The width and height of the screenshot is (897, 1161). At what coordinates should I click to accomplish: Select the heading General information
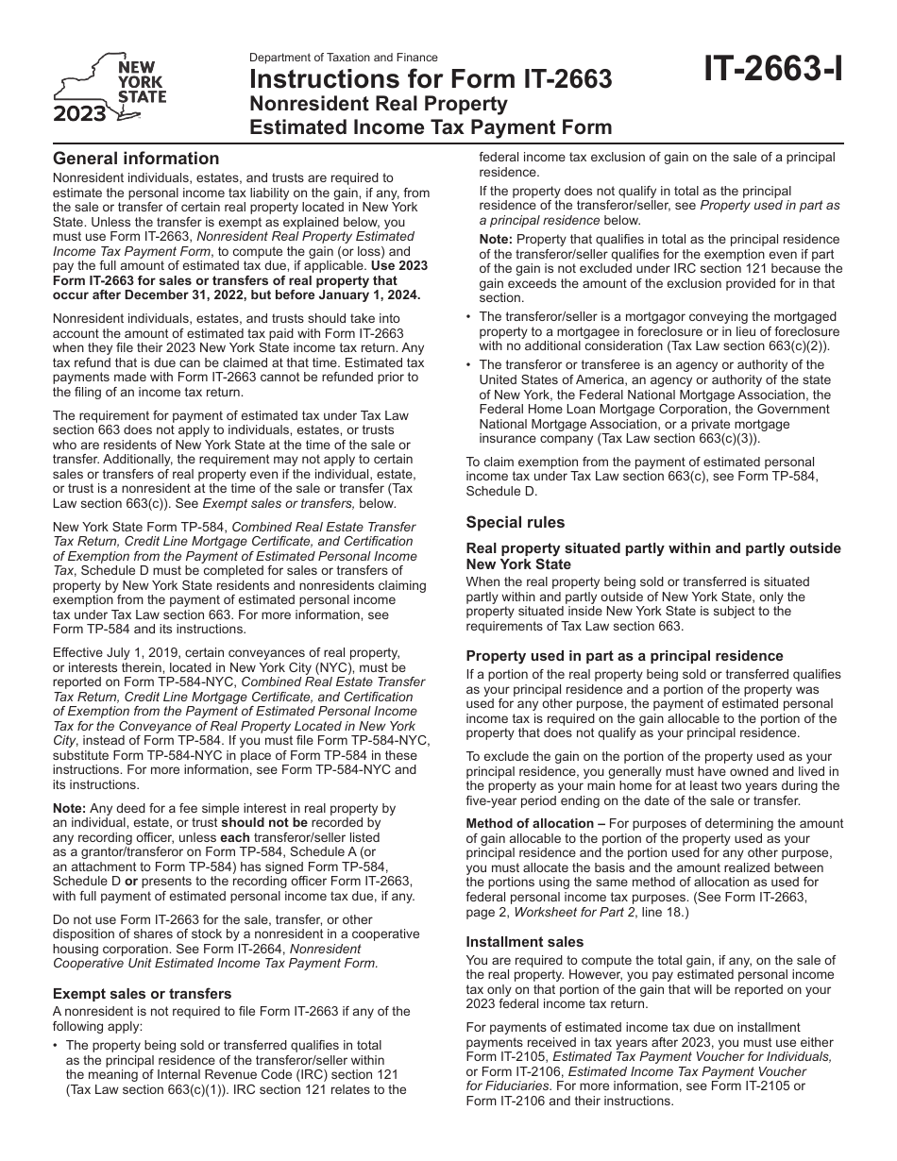136,159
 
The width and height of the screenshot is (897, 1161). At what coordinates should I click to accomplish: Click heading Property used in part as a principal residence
624,656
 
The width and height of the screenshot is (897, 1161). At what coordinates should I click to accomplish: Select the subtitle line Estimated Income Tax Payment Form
430,127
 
